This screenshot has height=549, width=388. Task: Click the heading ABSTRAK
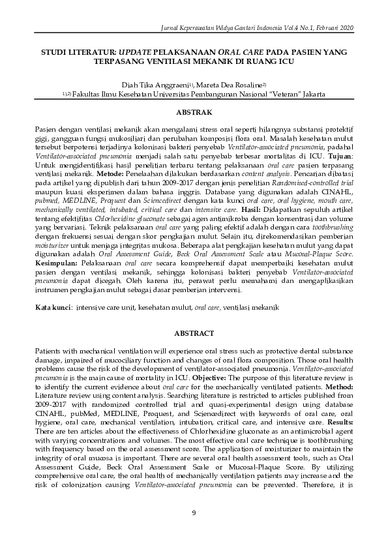pos(194,112)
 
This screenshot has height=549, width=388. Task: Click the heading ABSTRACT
pos(194,333)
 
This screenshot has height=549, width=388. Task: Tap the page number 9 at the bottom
pos(194,512)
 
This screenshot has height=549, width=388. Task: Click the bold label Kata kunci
pos(52,306)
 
